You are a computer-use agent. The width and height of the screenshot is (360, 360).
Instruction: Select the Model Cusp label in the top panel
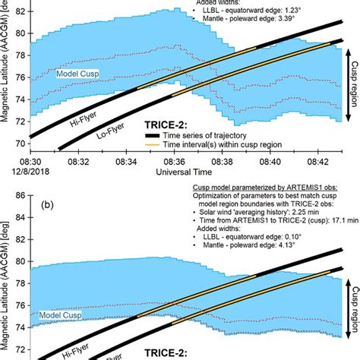pyautogui.click(x=80, y=73)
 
